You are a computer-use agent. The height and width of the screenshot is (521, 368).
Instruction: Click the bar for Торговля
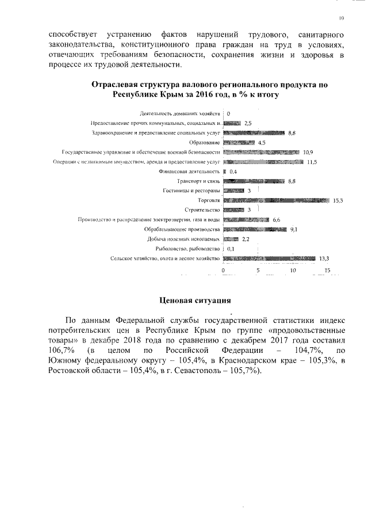(276, 200)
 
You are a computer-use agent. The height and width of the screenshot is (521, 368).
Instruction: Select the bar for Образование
(239, 142)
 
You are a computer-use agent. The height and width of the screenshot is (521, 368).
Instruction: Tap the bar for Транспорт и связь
(254, 181)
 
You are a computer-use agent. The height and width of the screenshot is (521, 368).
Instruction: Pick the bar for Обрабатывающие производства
(255, 230)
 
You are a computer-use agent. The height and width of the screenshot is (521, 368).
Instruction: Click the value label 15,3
(338, 200)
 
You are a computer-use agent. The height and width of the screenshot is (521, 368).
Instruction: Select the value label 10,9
(308, 152)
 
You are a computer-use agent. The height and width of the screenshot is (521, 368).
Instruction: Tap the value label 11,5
(312, 162)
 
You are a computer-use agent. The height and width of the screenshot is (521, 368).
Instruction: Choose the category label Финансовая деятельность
(190, 172)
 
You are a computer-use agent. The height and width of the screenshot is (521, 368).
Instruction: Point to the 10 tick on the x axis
(293, 270)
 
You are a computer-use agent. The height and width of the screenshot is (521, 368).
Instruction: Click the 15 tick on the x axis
(328, 270)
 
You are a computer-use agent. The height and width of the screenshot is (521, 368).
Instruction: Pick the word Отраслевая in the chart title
(117, 85)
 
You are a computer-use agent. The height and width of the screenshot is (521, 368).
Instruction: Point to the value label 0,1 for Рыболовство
(231, 249)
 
